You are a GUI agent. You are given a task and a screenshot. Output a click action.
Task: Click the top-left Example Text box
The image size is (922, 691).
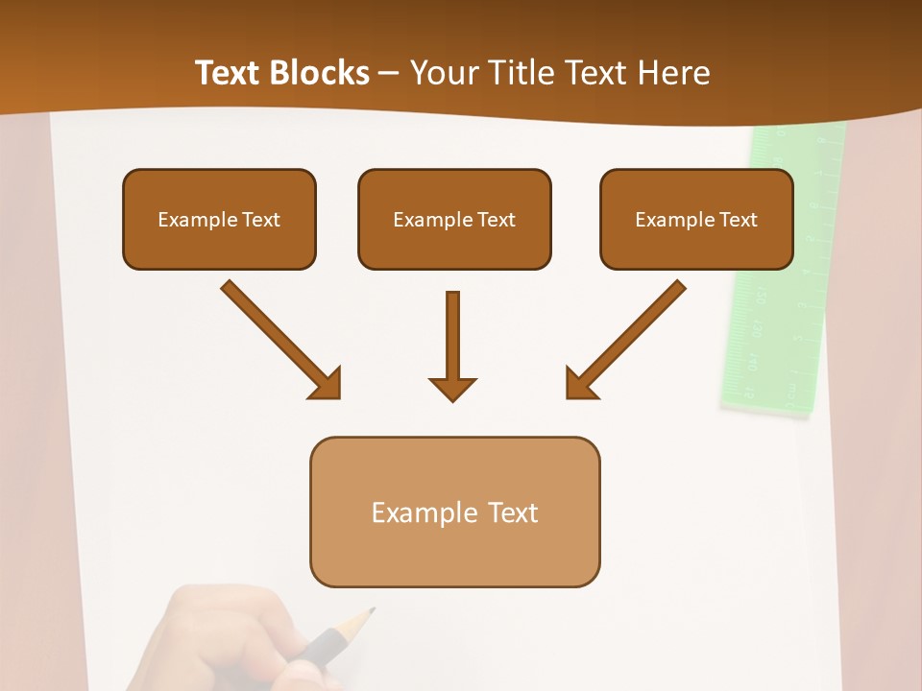click(219, 219)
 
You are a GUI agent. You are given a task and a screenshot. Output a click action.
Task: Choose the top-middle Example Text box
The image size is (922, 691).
click(454, 219)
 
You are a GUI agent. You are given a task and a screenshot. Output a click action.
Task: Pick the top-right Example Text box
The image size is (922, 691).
click(696, 219)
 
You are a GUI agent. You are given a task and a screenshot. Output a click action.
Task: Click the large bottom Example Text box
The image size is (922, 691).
click(454, 512)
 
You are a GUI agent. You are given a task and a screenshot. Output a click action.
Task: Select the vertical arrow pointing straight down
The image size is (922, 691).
click(452, 336)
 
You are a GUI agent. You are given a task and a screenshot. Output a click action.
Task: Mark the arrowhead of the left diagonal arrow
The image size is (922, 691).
click(327, 383)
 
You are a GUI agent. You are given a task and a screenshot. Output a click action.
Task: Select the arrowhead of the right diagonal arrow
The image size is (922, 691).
click(579, 383)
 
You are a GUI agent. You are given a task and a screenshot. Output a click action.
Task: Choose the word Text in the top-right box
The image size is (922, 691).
click(738, 220)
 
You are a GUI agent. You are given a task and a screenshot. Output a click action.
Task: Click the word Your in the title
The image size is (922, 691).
click(443, 73)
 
